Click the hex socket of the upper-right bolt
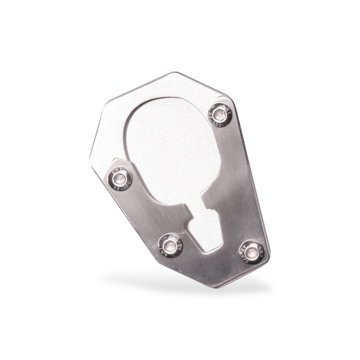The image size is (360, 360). pyautogui.click(x=220, y=114)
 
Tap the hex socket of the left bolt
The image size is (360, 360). pyautogui.click(x=121, y=179)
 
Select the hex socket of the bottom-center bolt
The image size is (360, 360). pyautogui.click(x=170, y=245)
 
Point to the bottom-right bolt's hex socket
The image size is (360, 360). pyautogui.click(x=253, y=253)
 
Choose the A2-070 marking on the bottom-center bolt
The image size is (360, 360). pyautogui.click(x=178, y=240)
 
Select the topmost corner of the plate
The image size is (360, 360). pyautogui.click(x=175, y=73)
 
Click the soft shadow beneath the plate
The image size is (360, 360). pyautogui.click(x=180, y=282)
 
